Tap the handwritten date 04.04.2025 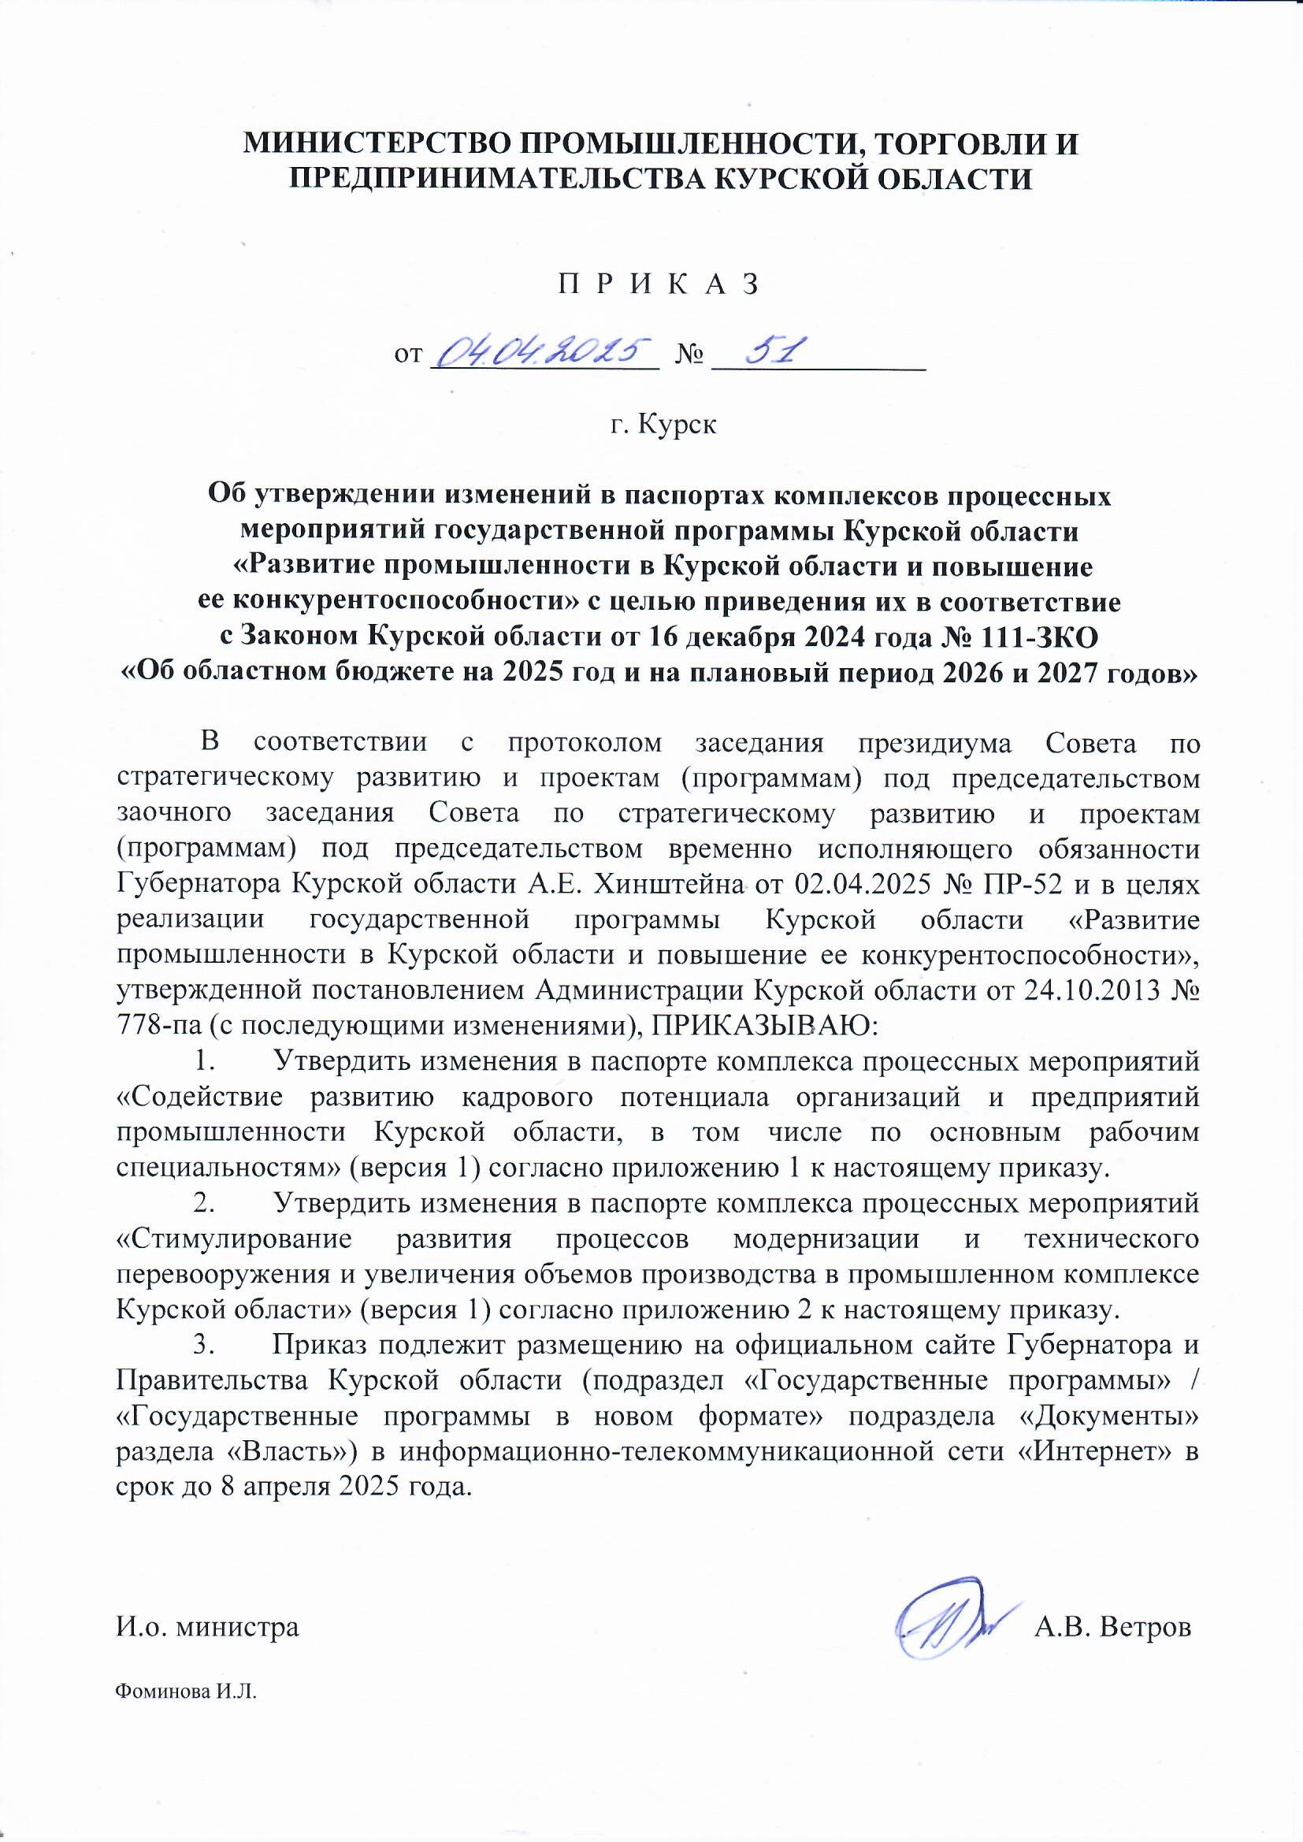546,351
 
